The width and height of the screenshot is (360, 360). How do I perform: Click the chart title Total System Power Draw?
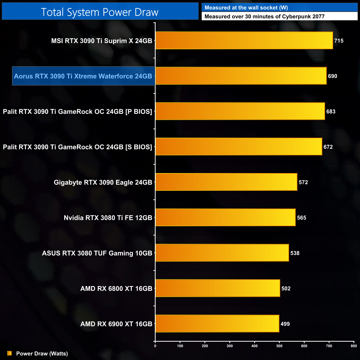point(100,12)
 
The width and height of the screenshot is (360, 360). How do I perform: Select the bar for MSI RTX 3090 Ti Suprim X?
point(244,40)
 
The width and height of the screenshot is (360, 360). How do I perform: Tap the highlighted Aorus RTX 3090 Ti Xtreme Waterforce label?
point(83,76)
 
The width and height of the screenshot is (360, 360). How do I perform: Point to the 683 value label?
point(331,112)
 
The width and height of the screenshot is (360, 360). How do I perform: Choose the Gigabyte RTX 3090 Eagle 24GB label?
point(103,182)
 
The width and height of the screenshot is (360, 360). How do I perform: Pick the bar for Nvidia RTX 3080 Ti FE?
point(225,217)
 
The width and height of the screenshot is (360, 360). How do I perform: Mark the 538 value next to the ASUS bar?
point(295,253)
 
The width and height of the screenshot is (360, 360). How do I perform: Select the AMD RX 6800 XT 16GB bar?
point(218,288)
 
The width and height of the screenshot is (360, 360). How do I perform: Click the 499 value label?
point(285,324)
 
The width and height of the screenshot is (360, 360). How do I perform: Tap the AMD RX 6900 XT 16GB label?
point(116,324)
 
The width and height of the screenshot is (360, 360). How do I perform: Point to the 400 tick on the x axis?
point(254,346)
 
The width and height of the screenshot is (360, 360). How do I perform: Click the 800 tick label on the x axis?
point(354,346)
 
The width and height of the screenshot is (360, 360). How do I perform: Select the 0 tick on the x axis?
point(155,346)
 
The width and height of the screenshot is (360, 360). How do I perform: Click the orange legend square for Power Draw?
point(9,353)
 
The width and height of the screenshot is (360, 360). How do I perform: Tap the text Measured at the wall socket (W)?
point(246,8)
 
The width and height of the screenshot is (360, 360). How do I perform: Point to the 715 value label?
point(339,41)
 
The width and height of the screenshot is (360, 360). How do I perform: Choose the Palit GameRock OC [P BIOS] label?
point(78,112)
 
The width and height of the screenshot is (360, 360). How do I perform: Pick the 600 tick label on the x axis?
point(304,346)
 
